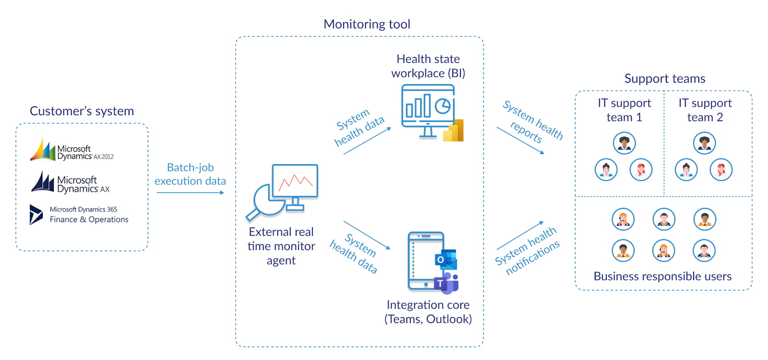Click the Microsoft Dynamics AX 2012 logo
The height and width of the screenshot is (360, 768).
(x=72, y=150)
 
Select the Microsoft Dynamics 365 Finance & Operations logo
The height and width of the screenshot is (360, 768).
(x=79, y=215)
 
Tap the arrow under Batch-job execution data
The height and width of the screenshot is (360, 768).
(x=190, y=192)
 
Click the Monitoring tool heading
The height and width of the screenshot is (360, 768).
(x=367, y=24)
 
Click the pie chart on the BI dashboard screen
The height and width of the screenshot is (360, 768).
(x=443, y=106)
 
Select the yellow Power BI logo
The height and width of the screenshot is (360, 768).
(x=454, y=131)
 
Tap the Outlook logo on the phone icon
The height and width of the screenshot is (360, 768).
(x=445, y=259)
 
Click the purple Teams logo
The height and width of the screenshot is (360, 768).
(x=446, y=283)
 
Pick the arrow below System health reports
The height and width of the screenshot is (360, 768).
(x=520, y=141)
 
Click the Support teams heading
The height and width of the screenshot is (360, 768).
(x=665, y=79)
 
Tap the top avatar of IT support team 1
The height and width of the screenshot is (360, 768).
(x=624, y=143)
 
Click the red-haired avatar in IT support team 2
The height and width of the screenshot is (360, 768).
(x=721, y=169)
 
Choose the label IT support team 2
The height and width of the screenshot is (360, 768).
(x=705, y=110)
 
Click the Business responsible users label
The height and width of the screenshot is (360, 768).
(x=662, y=276)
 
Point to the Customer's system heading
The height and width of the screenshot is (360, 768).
(x=82, y=111)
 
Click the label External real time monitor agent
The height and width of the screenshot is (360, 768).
(x=281, y=246)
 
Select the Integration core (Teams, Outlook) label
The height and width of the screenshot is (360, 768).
(x=428, y=312)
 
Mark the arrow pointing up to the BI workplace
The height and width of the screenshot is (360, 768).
(x=367, y=141)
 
